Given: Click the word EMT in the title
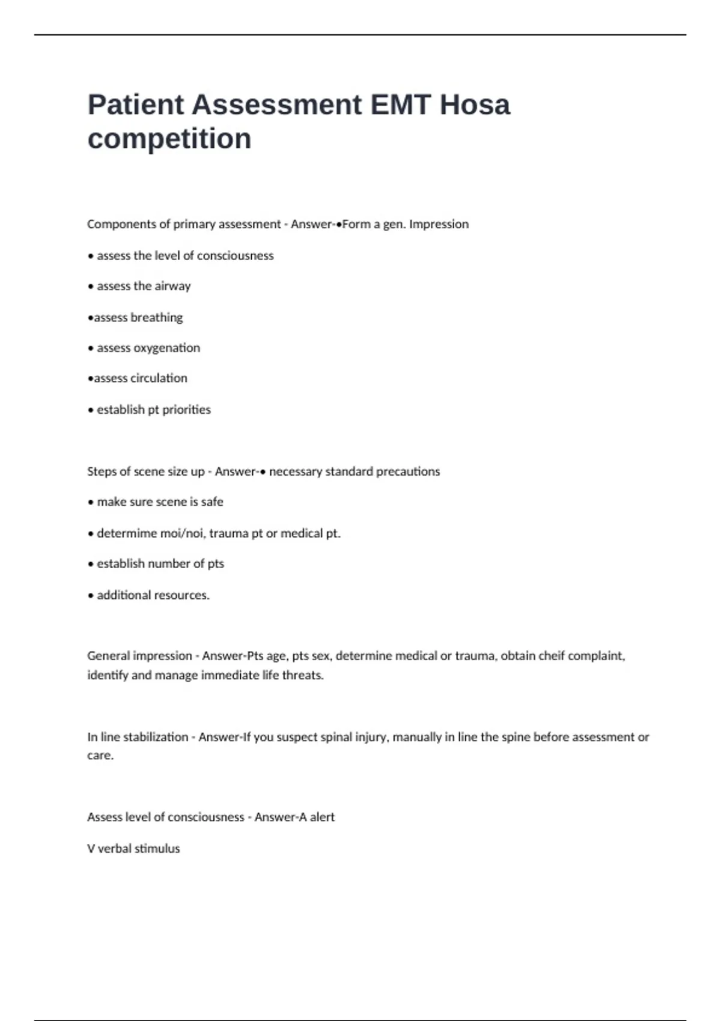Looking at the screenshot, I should tap(401, 105).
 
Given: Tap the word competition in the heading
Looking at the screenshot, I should tap(169, 139).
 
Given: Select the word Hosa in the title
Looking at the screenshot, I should tap(475, 105).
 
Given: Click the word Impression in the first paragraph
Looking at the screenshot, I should tap(439, 224).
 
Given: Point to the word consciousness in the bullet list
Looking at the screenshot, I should tap(236, 256).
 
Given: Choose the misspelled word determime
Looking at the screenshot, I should tap(126, 533).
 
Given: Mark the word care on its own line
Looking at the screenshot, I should tap(100, 756).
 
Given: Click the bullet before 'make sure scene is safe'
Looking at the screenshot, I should tap(91, 503).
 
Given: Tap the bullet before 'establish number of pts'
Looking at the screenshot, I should tap(91, 565).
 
